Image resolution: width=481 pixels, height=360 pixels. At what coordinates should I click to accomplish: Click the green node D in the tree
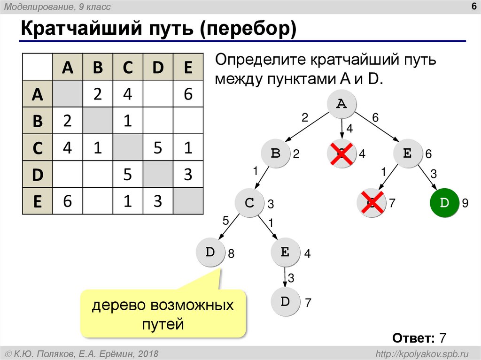(x=444, y=203)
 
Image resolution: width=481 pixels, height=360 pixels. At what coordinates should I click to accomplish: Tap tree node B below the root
(x=276, y=153)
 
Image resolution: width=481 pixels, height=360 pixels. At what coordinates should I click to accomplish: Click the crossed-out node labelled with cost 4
(x=341, y=153)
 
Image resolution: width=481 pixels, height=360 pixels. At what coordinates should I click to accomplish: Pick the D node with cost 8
(x=210, y=253)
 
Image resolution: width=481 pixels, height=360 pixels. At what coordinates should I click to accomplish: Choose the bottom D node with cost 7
(x=286, y=302)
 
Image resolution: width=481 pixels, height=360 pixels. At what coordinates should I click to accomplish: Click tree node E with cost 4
(x=285, y=253)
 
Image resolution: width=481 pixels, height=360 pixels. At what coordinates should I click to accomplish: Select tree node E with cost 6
(x=407, y=153)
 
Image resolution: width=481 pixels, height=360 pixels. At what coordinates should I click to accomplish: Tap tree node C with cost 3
(x=249, y=203)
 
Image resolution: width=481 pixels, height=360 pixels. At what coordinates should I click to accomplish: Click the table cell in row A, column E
(x=188, y=94)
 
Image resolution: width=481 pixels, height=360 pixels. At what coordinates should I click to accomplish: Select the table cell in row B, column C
(x=127, y=121)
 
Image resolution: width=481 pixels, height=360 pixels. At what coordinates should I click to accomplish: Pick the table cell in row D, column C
(x=127, y=175)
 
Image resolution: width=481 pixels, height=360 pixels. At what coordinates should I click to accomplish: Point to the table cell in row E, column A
(x=67, y=201)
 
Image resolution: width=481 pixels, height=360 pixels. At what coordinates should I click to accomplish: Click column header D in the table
(x=158, y=68)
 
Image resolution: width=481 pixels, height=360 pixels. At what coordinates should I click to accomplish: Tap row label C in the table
(x=38, y=148)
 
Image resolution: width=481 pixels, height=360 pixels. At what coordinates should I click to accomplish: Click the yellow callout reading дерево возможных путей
(x=163, y=314)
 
